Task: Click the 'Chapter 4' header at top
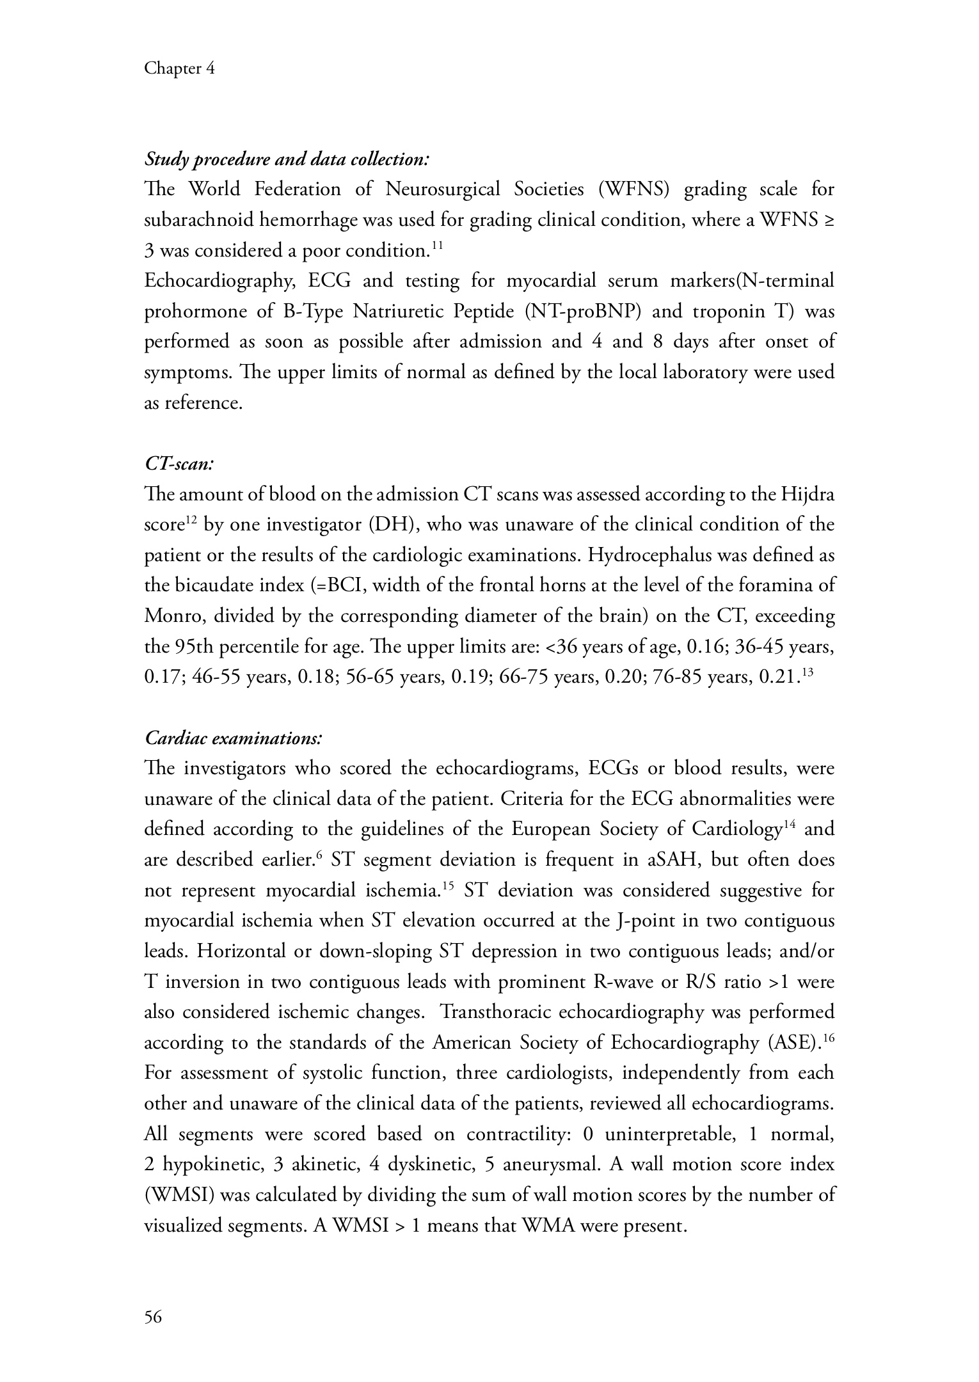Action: pyautogui.click(x=179, y=68)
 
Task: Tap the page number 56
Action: pyautogui.click(x=154, y=1317)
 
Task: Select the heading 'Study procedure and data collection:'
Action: pyautogui.click(x=287, y=159)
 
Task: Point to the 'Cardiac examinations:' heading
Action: pyautogui.click(x=234, y=738)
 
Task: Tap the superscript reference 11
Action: pyautogui.click(x=436, y=245)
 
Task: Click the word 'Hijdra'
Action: pyautogui.click(x=808, y=495)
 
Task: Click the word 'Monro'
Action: pyautogui.click(x=173, y=616)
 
